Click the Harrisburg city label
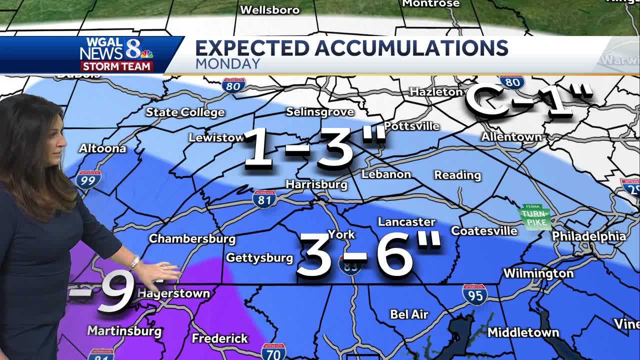(x=316, y=184)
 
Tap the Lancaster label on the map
(x=406, y=221)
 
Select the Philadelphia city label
(x=588, y=236)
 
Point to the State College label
(x=185, y=112)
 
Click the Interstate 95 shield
(x=474, y=295)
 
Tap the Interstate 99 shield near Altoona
(x=88, y=179)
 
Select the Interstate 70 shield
(x=273, y=352)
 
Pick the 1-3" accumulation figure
(x=314, y=147)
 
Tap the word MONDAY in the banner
(x=227, y=64)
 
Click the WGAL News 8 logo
(x=116, y=54)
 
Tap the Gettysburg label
(x=259, y=258)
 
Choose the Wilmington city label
(x=538, y=273)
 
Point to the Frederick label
(x=219, y=338)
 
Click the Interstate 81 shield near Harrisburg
(x=264, y=198)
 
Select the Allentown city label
(x=511, y=136)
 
